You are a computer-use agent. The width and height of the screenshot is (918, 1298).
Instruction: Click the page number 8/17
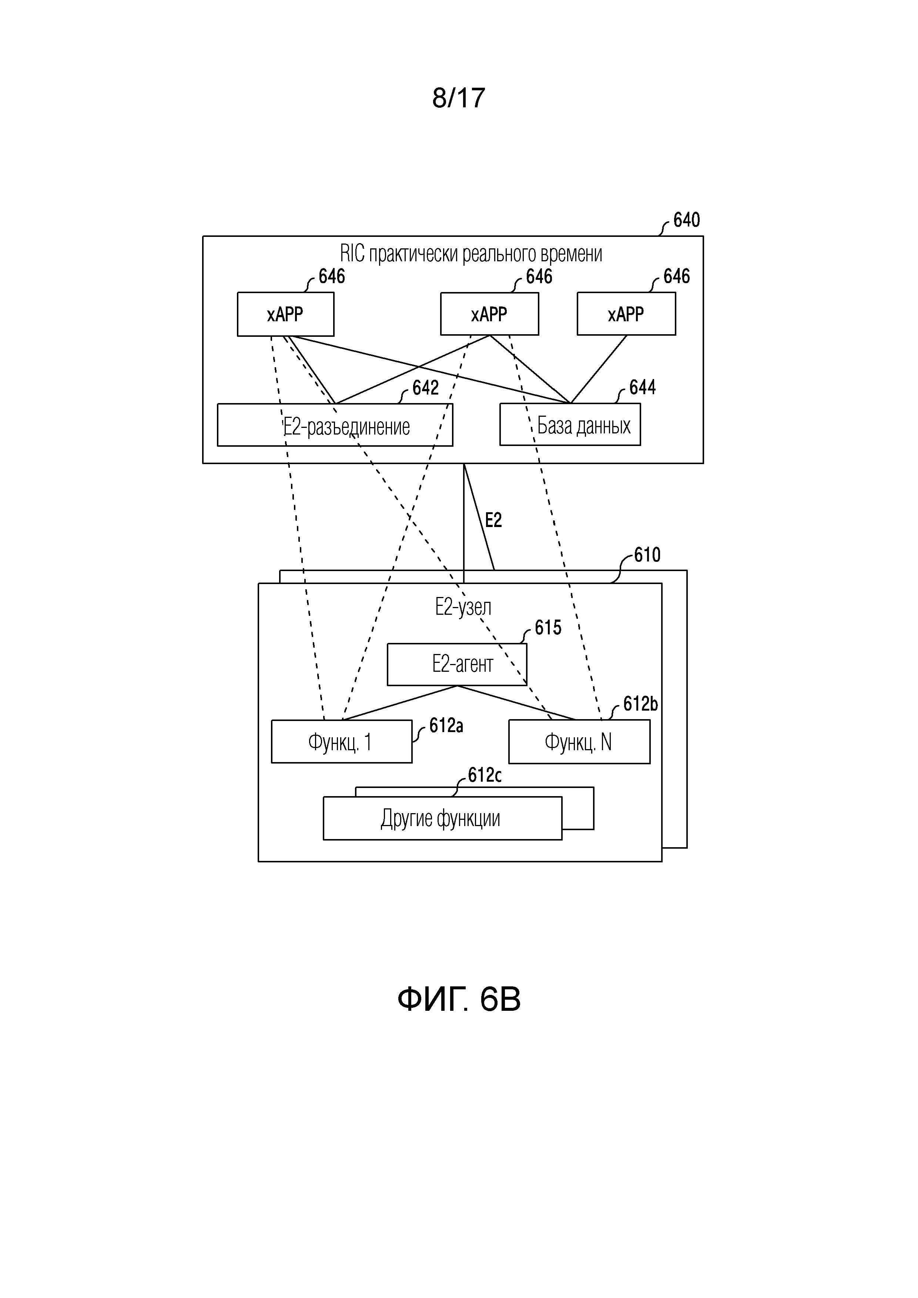(458, 98)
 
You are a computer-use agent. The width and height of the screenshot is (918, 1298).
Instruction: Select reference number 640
(686, 220)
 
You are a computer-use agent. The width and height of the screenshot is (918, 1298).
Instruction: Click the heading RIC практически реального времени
(471, 254)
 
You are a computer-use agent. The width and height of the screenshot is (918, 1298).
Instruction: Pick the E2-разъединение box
(335, 425)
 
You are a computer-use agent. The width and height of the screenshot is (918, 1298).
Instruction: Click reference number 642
(425, 388)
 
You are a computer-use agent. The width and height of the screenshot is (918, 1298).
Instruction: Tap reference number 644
(642, 387)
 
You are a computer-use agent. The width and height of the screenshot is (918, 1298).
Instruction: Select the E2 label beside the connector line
(493, 520)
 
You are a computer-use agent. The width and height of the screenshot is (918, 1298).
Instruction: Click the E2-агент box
(457, 664)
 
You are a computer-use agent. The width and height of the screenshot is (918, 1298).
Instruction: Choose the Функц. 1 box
(341, 741)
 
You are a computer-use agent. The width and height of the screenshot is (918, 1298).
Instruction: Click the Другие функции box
(443, 818)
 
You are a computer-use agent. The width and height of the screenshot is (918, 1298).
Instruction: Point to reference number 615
(548, 627)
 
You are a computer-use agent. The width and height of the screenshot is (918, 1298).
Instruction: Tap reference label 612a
(446, 725)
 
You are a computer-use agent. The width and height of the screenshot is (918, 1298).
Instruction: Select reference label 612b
(640, 704)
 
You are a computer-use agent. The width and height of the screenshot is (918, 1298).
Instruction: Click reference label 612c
(485, 775)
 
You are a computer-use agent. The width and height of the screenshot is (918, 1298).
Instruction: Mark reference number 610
(647, 555)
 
